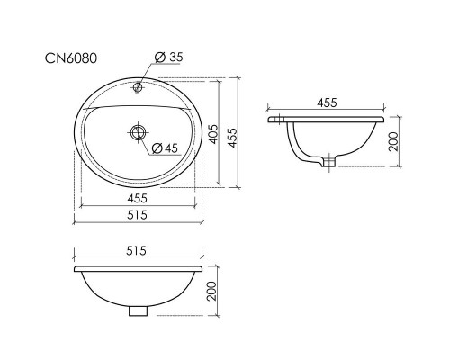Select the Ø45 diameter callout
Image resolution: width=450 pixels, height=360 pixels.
[x=167, y=147]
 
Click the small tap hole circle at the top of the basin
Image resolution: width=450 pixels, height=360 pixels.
[x=138, y=88]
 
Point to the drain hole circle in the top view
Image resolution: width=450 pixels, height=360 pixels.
[x=138, y=132]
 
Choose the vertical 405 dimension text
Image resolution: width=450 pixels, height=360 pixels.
[x=212, y=133]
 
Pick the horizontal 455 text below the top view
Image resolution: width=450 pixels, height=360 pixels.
[x=138, y=198]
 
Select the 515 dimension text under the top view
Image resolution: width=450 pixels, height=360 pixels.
[x=138, y=215]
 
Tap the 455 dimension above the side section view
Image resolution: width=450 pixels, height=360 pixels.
[x=327, y=103]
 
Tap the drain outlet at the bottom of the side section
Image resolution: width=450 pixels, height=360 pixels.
[x=329, y=164]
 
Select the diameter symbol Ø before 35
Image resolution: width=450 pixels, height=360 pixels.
[x=158, y=58]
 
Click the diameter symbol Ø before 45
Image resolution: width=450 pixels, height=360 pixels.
[x=157, y=147]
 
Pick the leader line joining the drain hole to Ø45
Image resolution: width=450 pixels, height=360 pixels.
[x=146, y=139]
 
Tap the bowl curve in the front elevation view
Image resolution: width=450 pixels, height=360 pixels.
[x=99, y=297]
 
